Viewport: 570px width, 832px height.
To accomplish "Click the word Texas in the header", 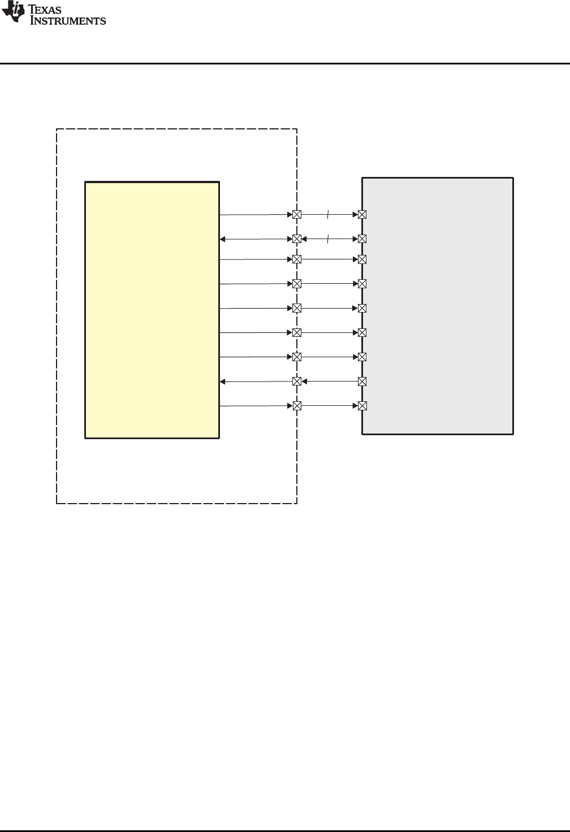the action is (x=42, y=8).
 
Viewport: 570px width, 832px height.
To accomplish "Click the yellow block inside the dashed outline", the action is (x=152, y=310).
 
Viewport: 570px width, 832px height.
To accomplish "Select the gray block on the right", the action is (x=437, y=305).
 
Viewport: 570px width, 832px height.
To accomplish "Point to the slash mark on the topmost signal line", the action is (x=328, y=215).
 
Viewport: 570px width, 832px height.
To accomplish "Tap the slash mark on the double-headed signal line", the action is (x=328, y=239).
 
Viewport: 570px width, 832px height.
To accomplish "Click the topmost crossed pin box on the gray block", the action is (x=362, y=215).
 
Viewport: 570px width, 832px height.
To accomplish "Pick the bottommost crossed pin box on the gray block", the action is (x=362, y=406).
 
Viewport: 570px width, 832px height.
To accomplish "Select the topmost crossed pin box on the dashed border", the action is (x=297, y=215).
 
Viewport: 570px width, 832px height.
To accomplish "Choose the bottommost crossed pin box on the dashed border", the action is (x=297, y=406).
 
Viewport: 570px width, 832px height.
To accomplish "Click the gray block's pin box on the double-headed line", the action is (x=362, y=239).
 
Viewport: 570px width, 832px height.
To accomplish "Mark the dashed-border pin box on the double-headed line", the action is (x=297, y=239).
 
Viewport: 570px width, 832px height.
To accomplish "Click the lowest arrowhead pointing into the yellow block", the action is (x=223, y=382).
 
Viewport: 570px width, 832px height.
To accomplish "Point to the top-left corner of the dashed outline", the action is (x=57, y=129).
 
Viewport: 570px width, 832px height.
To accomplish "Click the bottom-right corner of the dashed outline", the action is (x=297, y=502).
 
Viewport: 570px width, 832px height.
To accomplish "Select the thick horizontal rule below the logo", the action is (x=285, y=63).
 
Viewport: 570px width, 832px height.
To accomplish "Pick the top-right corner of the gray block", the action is (x=513, y=178).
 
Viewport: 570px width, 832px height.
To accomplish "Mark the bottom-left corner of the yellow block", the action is (x=85, y=437).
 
